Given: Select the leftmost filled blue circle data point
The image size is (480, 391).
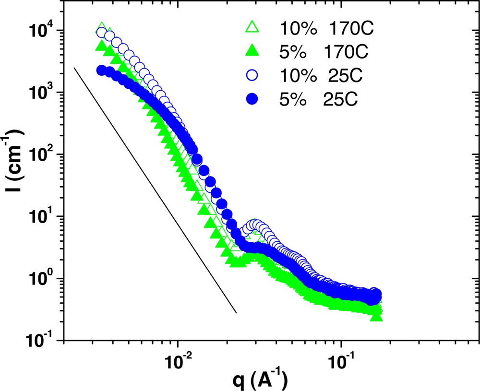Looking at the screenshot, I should [x=101, y=71].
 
